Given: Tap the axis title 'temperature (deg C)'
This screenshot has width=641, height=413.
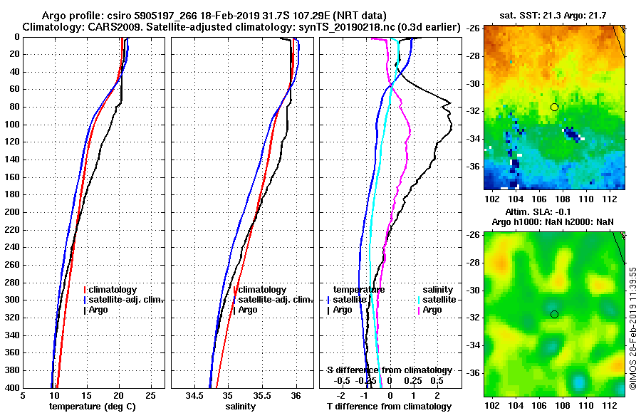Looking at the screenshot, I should click(x=92, y=407).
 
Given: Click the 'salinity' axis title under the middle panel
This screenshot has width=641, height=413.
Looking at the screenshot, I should click(x=239, y=407).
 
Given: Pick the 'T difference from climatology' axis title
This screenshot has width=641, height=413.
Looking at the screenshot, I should click(x=389, y=407).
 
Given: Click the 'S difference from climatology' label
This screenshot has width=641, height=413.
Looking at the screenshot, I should click(x=389, y=370).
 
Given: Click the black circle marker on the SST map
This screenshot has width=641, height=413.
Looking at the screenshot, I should click(x=554, y=107).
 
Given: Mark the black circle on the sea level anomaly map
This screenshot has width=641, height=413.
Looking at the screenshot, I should click(x=554, y=314).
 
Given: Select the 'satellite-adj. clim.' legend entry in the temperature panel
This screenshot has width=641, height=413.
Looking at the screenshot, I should click(x=127, y=300).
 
